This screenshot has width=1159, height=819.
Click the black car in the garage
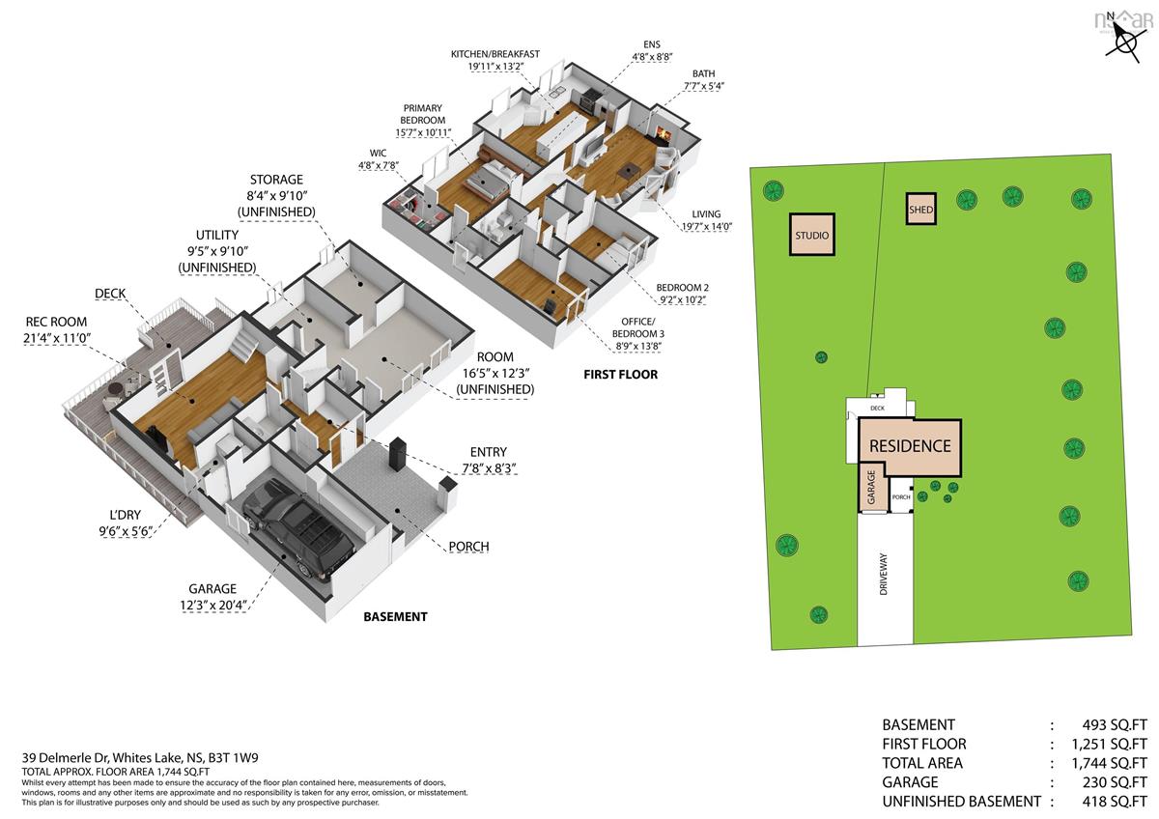[x=298, y=527]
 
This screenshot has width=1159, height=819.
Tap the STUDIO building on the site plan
[x=812, y=235]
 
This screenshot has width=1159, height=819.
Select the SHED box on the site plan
[x=921, y=209]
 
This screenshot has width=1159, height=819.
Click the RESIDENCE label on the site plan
[x=910, y=446]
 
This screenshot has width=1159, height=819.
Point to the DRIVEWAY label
[x=883, y=574]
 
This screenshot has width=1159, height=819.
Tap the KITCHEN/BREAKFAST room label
[x=495, y=54]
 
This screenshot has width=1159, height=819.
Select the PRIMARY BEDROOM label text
[x=423, y=114]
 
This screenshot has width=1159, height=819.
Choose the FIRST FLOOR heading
[x=620, y=375]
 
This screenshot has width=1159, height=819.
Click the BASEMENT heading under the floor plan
[x=395, y=617]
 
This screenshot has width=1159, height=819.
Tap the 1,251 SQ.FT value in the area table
[x=1109, y=744]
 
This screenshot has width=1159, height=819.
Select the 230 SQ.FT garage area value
[x=1115, y=782]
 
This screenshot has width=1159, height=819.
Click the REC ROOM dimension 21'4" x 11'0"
[x=57, y=338]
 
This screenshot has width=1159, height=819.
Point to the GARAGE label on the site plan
[x=871, y=487]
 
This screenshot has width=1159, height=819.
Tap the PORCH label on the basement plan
[x=468, y=547]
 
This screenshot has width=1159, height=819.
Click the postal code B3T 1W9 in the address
[x=233, y=758]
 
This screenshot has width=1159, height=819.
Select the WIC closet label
[x=378, y=154]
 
